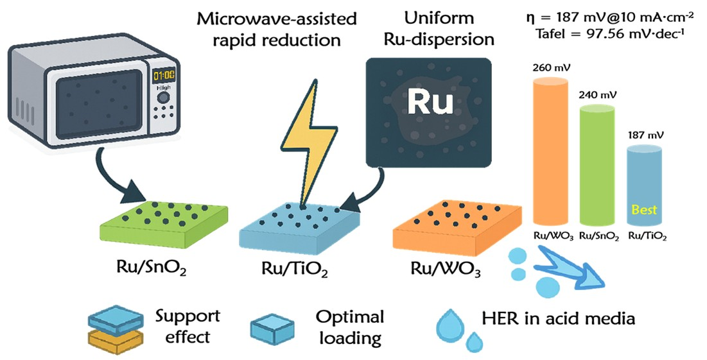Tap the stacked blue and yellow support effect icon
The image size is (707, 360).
tap(114, 327)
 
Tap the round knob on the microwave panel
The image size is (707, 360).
tap(164, 97)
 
